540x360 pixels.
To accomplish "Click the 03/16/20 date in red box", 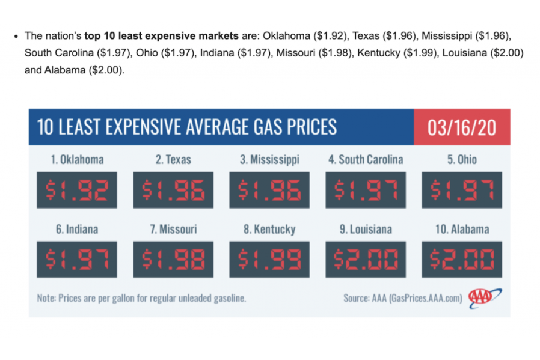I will [x=462, y=127].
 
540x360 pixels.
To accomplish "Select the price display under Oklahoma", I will [x=77, y=190].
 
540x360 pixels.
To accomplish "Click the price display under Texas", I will [x=173, y=190].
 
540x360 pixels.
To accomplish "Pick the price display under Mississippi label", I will [x=269, y=190].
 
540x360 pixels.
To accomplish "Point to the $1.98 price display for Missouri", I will [x=173, y=260].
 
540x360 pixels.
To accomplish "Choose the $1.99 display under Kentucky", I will [x=269, y=260].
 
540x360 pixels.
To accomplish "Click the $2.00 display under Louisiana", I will [x=366, y=260].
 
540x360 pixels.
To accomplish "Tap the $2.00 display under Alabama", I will [x=462, y=260].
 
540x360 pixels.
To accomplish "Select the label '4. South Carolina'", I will [x=366, y=160].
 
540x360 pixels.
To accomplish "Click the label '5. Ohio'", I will [x=462, y=160].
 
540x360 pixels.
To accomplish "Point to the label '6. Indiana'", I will [x=77, y=230].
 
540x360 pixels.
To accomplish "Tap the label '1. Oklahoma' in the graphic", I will [x=77, y=160].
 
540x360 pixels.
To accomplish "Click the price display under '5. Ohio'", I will [x=462, y=190].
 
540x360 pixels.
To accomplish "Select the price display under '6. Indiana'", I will [x=77, y=260].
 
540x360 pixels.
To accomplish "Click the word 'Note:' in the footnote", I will [x=46, y=297].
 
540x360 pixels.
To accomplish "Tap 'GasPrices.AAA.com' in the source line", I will [x=425, y=297].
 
